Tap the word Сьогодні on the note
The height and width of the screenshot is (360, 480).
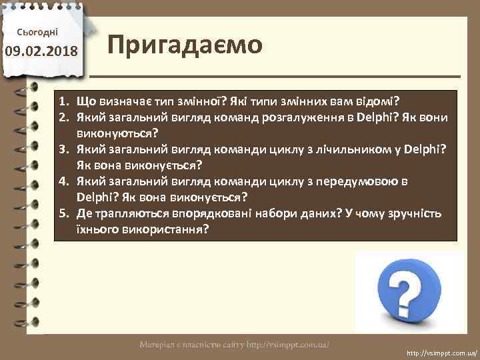(x=41, y=31)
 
